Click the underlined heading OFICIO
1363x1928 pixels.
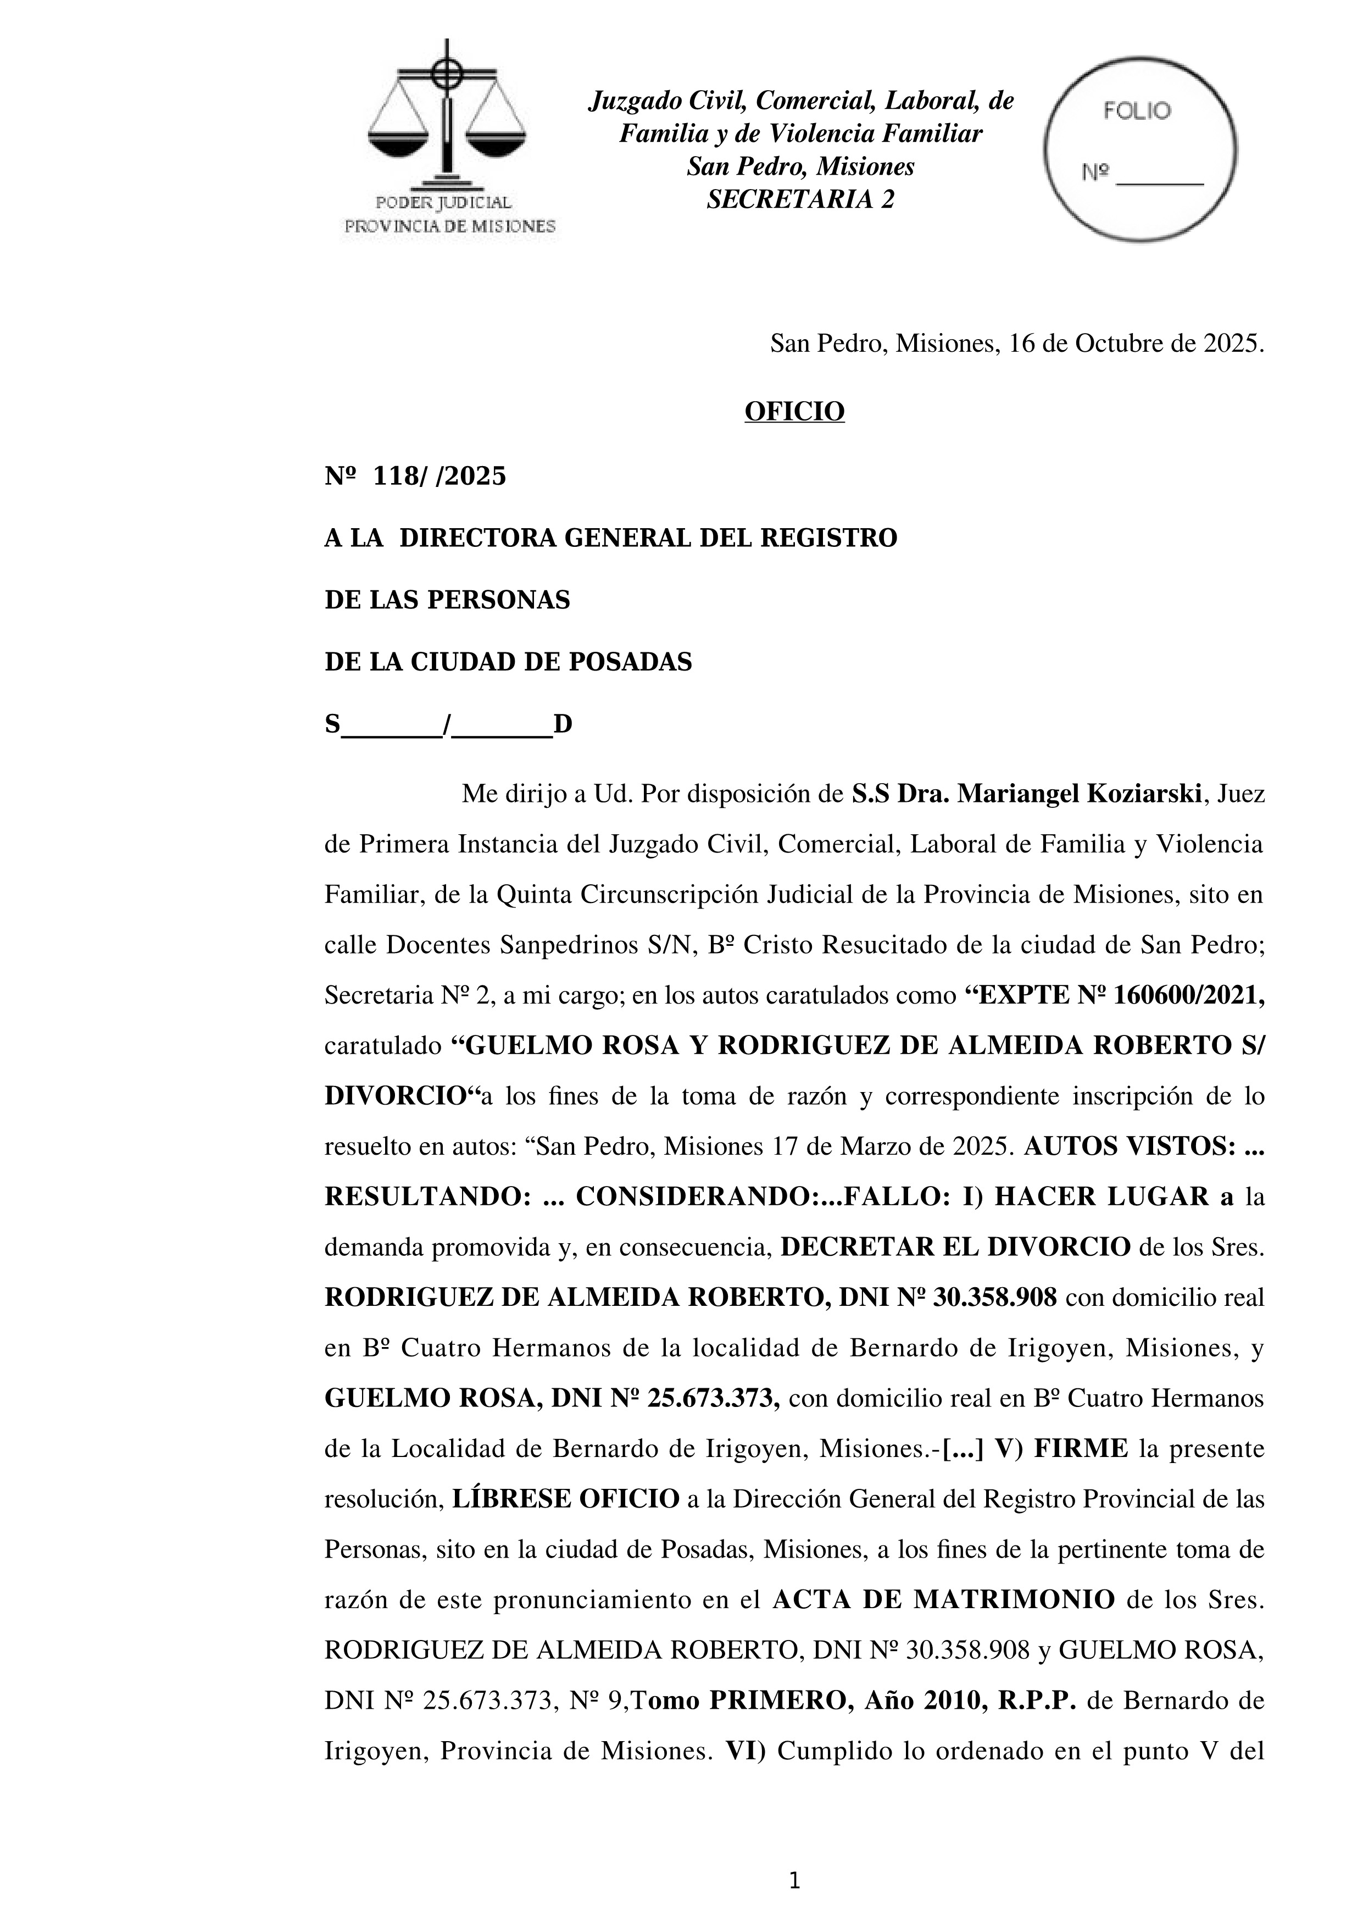[794, 412]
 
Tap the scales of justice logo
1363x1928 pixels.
[447, 118]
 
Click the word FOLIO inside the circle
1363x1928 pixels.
[1137, 112]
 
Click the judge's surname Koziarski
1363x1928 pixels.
[1143, 794]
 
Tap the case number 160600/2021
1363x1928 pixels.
[1188, 995]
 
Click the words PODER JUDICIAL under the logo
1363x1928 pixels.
[443, 202]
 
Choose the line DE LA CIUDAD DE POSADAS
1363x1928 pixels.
[508, 662]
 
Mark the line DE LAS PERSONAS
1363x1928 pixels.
[447, 600]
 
